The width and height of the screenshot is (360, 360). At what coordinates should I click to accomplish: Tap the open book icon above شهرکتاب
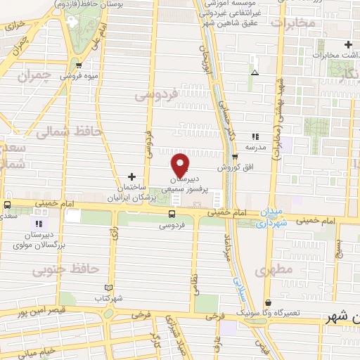[x=108, y=288]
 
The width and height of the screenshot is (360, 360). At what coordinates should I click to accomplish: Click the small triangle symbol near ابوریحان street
[x=255, y=72]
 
